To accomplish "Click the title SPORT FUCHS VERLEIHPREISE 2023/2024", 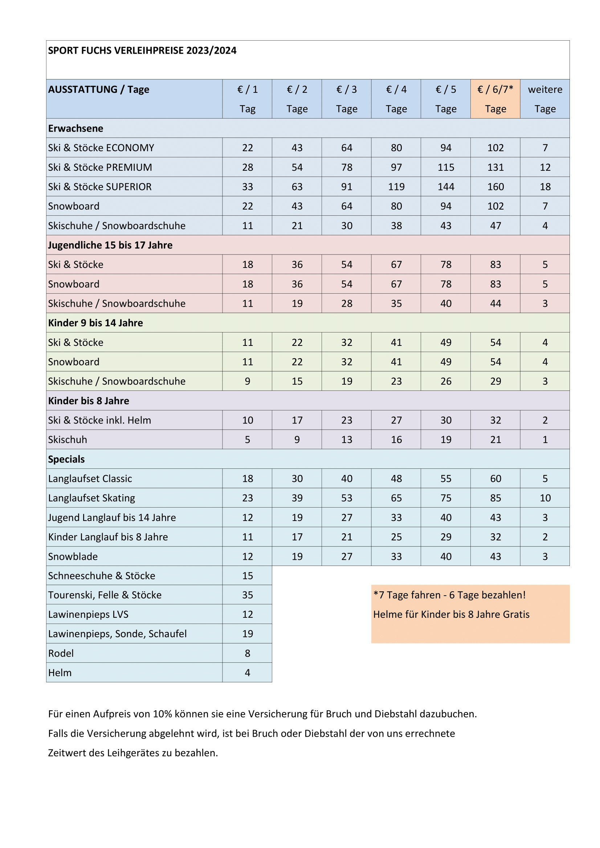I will coord(142,51).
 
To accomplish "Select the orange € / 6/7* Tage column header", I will coord(495,99).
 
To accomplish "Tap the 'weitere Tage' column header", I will coord(544,99).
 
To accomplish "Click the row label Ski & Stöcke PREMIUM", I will coord(100,167).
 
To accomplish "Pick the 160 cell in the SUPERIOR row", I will coord(495,187).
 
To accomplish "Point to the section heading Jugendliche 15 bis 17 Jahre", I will coord(110,245).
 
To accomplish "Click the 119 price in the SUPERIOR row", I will coord(396,187).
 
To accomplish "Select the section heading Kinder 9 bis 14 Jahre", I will coord(95,323).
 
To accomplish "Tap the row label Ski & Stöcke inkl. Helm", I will coord(99,420).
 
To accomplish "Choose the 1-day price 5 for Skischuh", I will coord(247,439).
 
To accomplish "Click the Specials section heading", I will coord(66,459).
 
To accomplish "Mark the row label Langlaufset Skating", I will coord(91,498).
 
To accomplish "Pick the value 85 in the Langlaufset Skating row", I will coord(495,498).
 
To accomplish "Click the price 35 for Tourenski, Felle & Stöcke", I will coord(247,595).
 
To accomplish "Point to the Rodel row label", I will coord(61,653).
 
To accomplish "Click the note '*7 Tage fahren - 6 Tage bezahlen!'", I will coord(449,595).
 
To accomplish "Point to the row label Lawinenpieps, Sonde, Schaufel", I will coord(117,634).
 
